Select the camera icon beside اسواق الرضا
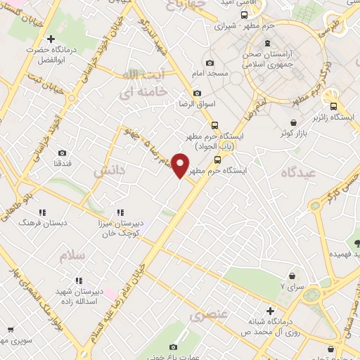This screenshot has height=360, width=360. [196, 94]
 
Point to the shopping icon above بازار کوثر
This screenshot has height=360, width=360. [292, 122]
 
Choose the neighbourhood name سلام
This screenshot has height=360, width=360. [71, 255]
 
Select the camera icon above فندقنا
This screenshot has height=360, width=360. [62, 153]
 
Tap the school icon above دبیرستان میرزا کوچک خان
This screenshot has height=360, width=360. [119, 212]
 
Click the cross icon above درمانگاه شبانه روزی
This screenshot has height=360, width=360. [269, 310]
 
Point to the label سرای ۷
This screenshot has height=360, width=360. [292, 287]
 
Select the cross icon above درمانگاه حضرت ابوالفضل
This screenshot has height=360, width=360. [50, 39]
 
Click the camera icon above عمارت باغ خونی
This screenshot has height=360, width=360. [174, 347]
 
